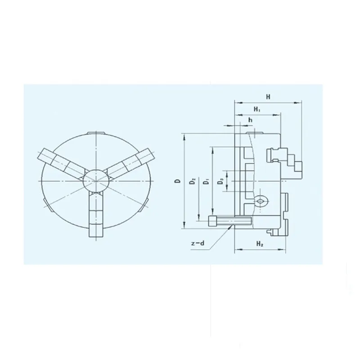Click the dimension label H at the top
[x=268, y=97]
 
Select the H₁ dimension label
[x=257, y=109]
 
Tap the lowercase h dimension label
[x=250, y=120]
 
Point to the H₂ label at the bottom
[x=260, y=243]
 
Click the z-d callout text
[x=198, y=243]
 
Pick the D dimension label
[x=177, y=181]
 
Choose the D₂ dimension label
[x=193, y=181]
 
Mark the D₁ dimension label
[x=207, y=182]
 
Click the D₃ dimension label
[x=220, y=182]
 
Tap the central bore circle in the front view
[x=95, y=181]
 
